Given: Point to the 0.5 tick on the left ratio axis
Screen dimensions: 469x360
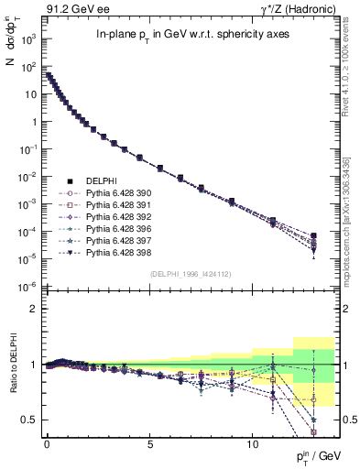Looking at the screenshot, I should point(27,420).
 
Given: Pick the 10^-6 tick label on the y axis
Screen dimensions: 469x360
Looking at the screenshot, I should point(29,288).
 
